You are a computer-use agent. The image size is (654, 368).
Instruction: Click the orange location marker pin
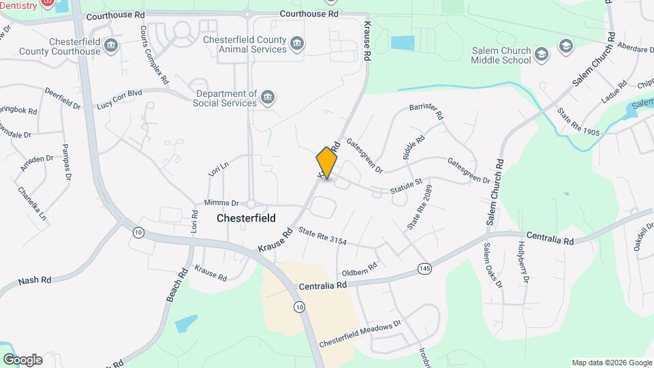point(327,163)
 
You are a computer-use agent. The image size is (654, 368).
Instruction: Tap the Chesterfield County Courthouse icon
point(112,46)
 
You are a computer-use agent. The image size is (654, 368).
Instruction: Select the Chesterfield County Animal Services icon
point(296,45)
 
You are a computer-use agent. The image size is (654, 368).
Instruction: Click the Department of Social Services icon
point(268,98)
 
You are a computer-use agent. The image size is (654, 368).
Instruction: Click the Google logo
point(22,360)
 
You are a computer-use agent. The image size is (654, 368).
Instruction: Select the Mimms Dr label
point(221,203)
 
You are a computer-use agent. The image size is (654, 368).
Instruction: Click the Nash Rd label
point(35,280)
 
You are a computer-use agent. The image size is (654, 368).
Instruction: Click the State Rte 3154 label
point(322,236)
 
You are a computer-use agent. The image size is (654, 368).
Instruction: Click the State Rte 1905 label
point(578,122)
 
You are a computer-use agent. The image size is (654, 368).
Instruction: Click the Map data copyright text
point(611,363)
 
